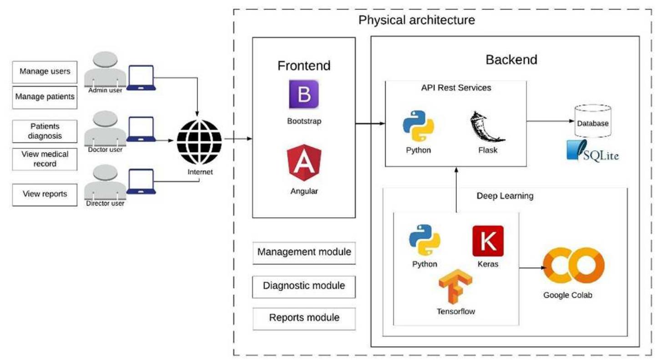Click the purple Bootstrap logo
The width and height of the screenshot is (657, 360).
pos(304,94)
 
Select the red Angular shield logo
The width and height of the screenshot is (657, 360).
pos(304,162)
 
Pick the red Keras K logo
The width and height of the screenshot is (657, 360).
pos(488,241)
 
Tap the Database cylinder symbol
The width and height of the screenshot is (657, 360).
pos(592,121)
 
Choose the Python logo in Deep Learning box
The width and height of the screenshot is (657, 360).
pos(425,240)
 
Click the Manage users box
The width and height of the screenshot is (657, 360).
pos(45,71)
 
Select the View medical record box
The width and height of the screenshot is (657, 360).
pos(45,159)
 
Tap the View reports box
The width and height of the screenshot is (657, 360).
pos(45,194)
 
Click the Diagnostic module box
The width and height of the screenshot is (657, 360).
pos(304,286)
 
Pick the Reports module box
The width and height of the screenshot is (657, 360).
pos(304,318)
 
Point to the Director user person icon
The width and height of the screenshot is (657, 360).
pos(105,183)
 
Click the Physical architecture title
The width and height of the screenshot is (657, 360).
pos(416,20)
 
